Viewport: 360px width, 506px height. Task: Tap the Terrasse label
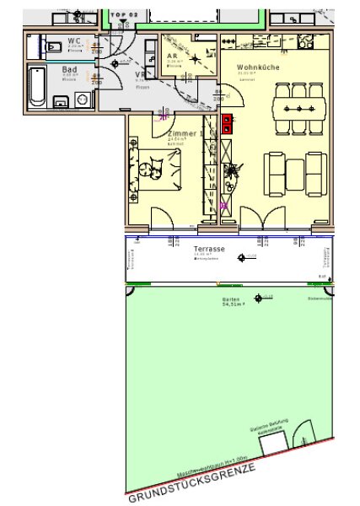pyautogui.click(x=207, y=250)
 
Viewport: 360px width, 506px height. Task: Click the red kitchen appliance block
pyautogui.click(x=227, y=125)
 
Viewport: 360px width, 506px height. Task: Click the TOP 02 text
pyautogui.click(x=124, y=14)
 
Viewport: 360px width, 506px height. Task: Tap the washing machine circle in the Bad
pyautogui.click(x=82, y=99)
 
